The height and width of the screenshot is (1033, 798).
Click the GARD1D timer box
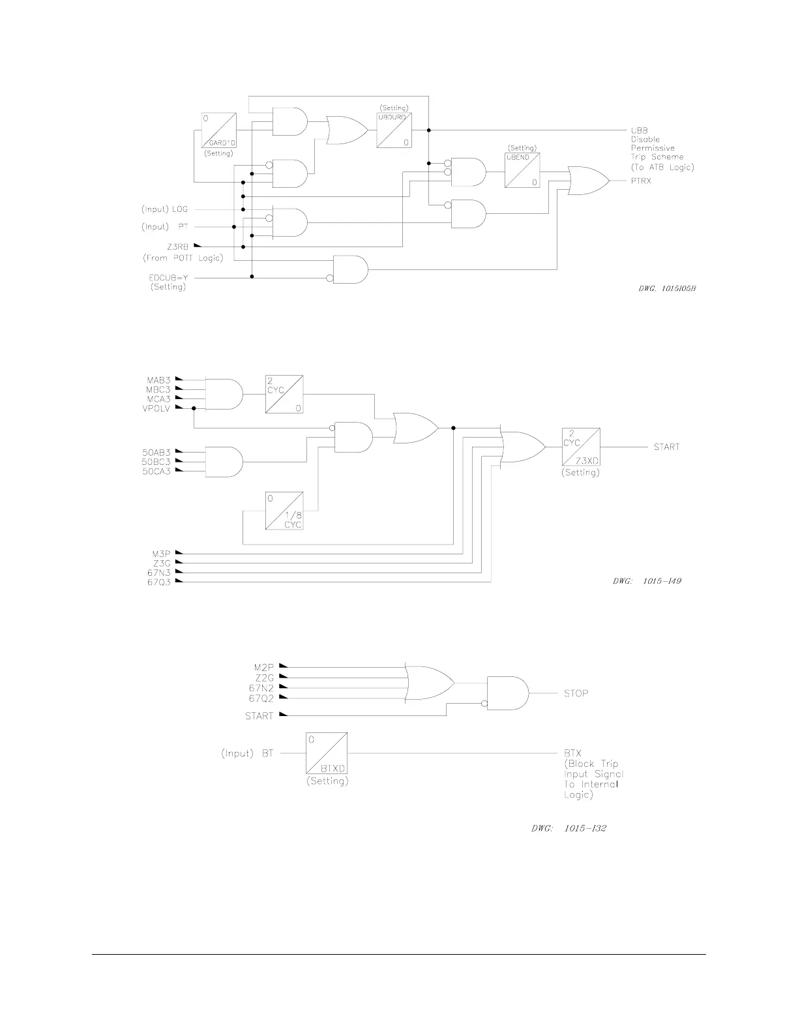[x=219, y=130]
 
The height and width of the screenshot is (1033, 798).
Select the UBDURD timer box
[x=394, y=130]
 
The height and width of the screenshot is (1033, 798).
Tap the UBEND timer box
[x=522, y=170]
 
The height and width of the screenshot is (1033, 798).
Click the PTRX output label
[x=641, y=181]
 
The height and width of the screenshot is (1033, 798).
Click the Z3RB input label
[x=178, y=247]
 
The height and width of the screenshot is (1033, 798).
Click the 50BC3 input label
[x=156, y=461]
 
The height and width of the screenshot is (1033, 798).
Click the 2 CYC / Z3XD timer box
[x=580, y=447]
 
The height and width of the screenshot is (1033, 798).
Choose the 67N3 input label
[x=158, y=573]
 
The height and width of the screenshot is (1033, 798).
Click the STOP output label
[x=576, y=693]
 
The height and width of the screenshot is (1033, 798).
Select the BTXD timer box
[x=327, y=753]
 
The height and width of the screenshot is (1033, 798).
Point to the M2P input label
[x=264, y=667]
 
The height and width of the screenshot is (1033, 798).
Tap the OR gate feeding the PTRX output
[x=587, y=181]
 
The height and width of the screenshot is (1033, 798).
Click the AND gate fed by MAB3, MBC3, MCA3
[x=224, y=393]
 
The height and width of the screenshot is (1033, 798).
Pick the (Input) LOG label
[x=164, y=209]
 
